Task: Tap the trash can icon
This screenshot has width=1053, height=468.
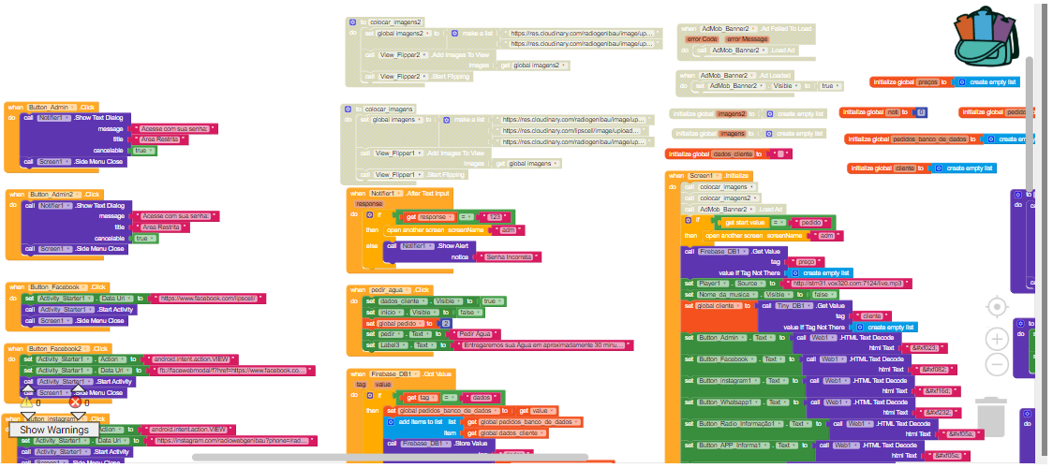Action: point(991,415)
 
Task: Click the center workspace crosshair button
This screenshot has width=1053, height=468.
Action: point(998,306)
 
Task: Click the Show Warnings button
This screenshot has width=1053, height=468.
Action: point(54,430)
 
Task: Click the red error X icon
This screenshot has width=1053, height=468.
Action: point(76,402)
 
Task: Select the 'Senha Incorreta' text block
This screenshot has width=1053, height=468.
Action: point(505,256)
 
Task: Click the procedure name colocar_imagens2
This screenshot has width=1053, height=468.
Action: point(393,22)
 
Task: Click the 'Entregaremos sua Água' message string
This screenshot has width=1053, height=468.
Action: point(543,345)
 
